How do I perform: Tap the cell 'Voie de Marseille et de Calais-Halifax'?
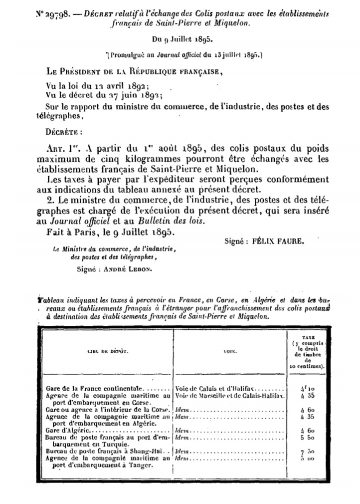[229, 394]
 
